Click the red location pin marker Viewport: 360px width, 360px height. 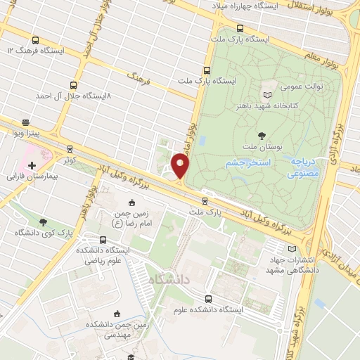[181, 166]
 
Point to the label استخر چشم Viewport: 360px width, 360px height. [246, 163]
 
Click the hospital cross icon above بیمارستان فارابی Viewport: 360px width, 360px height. [32, 165]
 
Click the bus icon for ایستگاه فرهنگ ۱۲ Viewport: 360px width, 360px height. [36, 40]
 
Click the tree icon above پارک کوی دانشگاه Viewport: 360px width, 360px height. [44, 221]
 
